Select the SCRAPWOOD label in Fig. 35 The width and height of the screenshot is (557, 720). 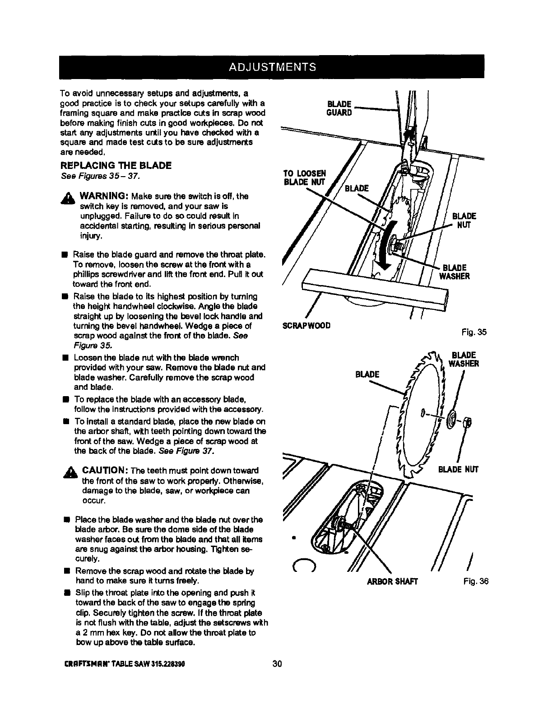306,326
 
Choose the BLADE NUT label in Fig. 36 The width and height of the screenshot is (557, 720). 459,470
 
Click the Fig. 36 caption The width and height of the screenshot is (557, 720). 475,581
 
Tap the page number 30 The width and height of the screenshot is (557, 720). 277,664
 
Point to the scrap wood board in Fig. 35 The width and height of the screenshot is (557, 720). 375,289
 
